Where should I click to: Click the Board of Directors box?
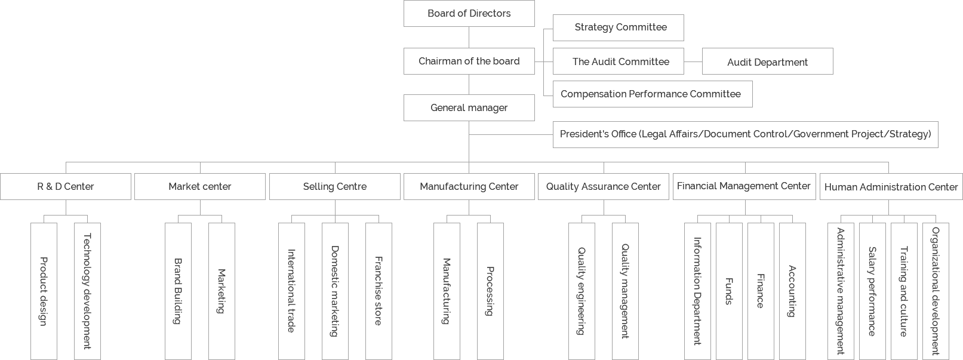point(469,14)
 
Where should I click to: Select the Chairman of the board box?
point(469,61)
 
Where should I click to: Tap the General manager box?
point(469,108)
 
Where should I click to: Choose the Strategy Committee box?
point(618,27)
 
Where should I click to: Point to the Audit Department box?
point(767,61)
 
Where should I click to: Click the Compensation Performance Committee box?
point(652,94)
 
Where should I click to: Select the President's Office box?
point(745,134)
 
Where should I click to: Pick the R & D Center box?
point(66,187)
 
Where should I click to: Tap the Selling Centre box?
point(334,187)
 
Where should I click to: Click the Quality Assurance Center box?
point(603,187)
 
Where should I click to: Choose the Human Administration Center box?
point(891,187)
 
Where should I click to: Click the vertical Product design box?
point(44,291)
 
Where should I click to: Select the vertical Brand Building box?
point(178,291)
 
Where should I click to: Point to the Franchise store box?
point(379,291)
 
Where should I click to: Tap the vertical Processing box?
point(490,291)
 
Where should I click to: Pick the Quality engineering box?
point(582,291)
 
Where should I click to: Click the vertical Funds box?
point(729,291)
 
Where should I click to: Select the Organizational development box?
point(936,291)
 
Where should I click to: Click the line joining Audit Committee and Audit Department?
point(693,61)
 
